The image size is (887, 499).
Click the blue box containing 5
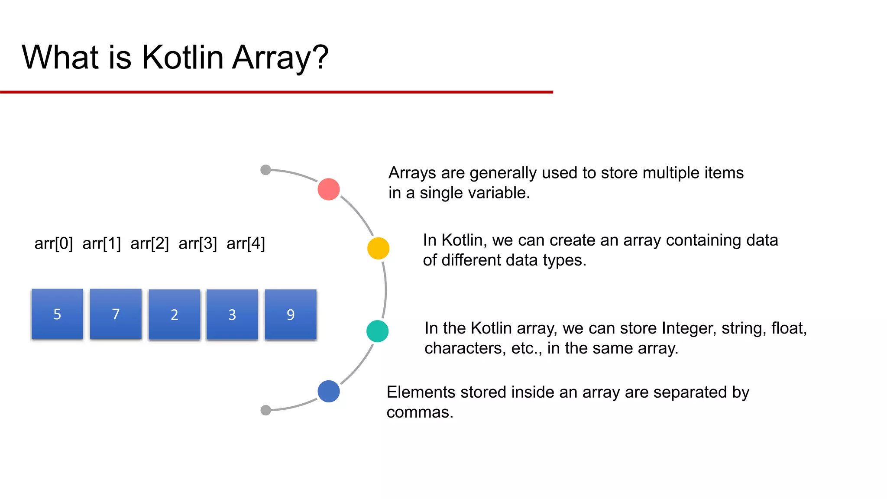pos(57,314)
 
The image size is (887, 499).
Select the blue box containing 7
pos(116,314)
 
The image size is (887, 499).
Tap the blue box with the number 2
pos(174,314)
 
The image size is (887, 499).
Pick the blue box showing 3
pos(232,314)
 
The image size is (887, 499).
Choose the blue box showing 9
pos(291,314)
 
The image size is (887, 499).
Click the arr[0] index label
pos(54,243)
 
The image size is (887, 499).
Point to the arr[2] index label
pos(149,243)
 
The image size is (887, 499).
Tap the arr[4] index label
pos(246,243)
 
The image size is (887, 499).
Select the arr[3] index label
pos(197,243)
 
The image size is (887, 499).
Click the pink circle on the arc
pos(329,189)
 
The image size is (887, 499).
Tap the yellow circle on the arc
pos(378,248)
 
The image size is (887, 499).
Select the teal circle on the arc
pos(377,331)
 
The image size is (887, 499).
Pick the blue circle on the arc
pos(329,391)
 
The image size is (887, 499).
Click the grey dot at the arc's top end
pos(266,170)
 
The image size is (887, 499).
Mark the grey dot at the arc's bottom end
pos(266,410)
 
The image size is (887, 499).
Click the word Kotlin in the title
pos(182,57)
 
